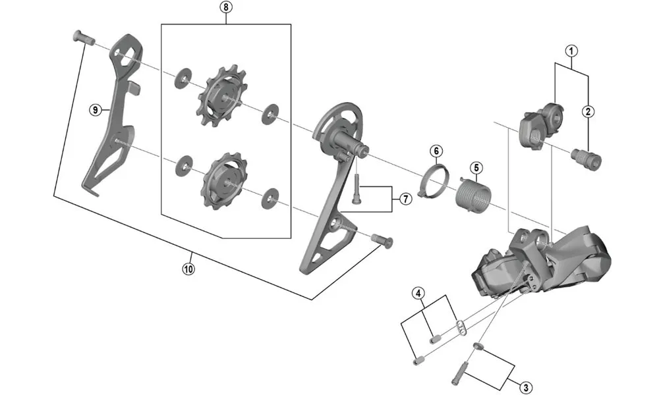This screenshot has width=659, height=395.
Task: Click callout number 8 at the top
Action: (x=227, y=8)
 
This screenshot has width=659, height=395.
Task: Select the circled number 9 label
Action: (x=96, y=110)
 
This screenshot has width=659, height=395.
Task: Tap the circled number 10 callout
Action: (x=189, y=269)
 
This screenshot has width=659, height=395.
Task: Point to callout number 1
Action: (x=571, y=50)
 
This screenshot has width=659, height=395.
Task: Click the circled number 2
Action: (x=588, y=111)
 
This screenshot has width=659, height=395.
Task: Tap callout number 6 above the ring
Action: (x=436, y=151)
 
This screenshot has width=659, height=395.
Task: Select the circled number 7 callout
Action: (x=405, y=197)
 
